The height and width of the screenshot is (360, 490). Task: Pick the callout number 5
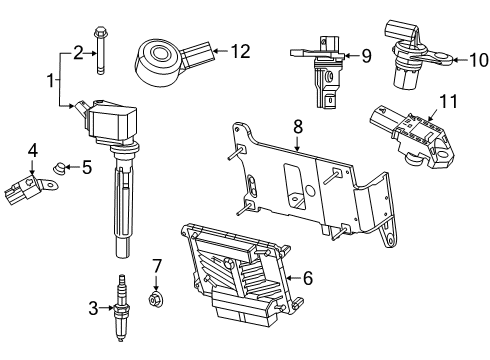pyautogui.click(x=86, y=168)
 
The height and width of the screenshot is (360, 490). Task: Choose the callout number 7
pyautogui.click(x=156, y=265)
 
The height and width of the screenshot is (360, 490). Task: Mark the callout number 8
pyautogui.click(x=297, y=127)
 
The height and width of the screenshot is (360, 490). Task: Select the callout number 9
pyautogui.click(x=365, y=57)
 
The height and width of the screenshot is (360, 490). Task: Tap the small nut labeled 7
pyautogui.click(x=155, y=297)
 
